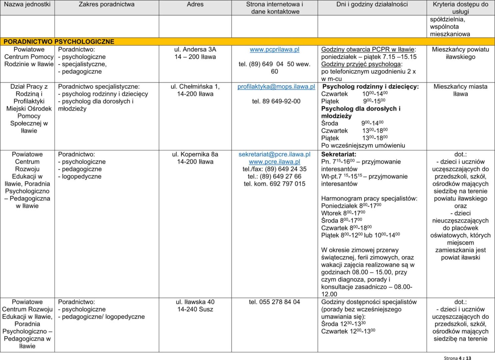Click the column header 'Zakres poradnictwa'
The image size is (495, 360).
click(107, 5)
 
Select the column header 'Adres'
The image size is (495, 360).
click(195, 5)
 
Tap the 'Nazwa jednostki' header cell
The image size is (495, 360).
click(27, 5)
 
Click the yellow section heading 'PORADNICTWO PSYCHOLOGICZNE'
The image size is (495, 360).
click(59, 42)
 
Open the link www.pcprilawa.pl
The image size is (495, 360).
click(274, 50)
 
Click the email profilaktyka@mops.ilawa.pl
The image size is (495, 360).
click(276, 87)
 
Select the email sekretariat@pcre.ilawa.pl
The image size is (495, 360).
click(274, 154)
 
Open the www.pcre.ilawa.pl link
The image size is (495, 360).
click(274, 162)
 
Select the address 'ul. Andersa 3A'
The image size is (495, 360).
click(195, 50)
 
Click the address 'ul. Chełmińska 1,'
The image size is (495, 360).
click(195, 87)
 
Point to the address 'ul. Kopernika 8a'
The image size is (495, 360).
click(195, 154)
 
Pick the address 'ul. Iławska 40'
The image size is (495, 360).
click(195, 302)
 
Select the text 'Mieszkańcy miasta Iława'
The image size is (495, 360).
click(460, 90)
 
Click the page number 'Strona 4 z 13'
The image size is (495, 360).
click(457, 358)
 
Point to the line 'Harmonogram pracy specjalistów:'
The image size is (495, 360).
click(369, 199)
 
